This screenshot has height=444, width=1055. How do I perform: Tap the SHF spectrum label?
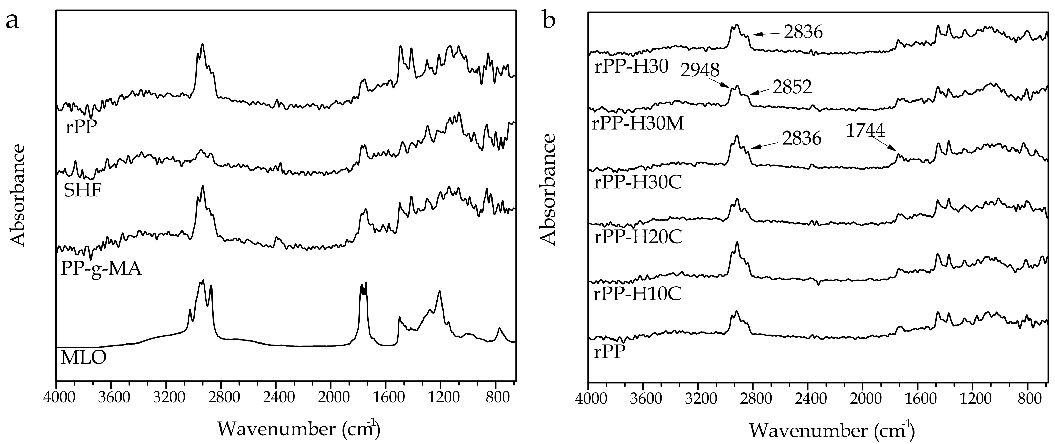pos(82,190)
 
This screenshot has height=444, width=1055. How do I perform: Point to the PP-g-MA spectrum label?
pos(101,269)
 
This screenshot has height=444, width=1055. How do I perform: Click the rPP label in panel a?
pos(81,128)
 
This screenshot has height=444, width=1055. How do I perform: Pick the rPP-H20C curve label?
pos(638,238)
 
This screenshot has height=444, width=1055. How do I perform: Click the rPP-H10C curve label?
pos(637,294)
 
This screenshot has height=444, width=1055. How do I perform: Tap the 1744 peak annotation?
pos(865,131)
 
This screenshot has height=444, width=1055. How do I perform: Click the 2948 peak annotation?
pos(700,70)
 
